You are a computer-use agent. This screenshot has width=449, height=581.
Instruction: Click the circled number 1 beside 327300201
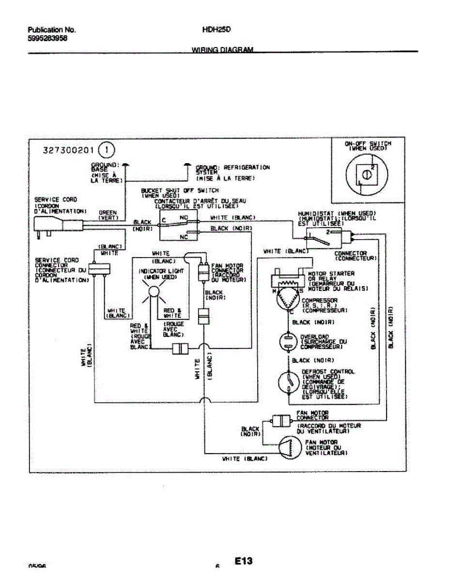point(107,150)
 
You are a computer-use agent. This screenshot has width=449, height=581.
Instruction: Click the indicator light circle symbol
point(154,291)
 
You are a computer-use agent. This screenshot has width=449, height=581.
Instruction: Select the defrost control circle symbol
point(288,382)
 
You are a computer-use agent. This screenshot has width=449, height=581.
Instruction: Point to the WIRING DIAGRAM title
point(223,50)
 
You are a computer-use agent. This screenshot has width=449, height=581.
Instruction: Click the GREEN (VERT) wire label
point(108,214)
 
